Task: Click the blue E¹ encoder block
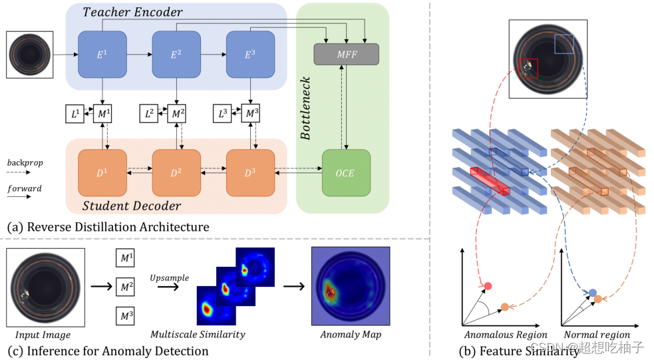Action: (x=102, y=54)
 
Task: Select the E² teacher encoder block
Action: (x=176, y=54)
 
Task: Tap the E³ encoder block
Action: (x=250, y=54)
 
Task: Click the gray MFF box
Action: (x=346, y=54)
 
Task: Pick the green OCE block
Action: (x=346, y=173)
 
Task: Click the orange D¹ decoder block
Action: (x=102, y=173)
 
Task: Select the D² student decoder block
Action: (x=176, y=173)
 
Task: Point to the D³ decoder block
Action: (x=250, y=173)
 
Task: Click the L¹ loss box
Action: (x=75, y=114)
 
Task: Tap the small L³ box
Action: (x=223, y=114)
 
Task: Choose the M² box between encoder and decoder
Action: (x=176, y=114)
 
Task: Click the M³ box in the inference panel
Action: (x=125, y=316)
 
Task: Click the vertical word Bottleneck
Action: (x=306, y=108)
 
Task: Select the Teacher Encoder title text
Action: (x=132, y=12)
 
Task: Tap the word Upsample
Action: (x=170, y=278)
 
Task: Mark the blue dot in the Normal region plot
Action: (x=592, y=293)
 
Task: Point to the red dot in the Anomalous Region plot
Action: (x=488, y=285)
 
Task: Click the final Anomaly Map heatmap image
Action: (x=351, y=286)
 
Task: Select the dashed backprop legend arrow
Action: (x=19, y=172)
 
